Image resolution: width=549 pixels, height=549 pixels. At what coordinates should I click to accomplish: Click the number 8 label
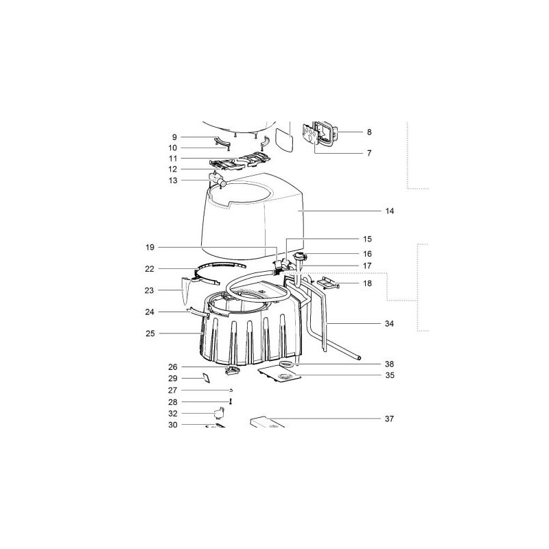pyautogui.click(x=369, y=132)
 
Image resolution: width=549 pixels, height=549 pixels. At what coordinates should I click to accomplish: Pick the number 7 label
pyautogui.click(x=369, y=153)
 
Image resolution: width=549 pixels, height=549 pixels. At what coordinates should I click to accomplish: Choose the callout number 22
pyautogui.click(x=150, y=268)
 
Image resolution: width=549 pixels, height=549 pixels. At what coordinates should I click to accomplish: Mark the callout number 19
pyautogui.click(x=150, y=246)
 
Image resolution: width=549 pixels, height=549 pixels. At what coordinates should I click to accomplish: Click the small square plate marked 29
pyautogui.click(x=205, y=377)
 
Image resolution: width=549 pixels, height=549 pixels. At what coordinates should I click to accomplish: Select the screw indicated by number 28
pyautogui.click(x=231, y=401)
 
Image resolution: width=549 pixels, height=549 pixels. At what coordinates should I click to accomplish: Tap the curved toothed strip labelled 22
pyautogui.click(x=220, y=264)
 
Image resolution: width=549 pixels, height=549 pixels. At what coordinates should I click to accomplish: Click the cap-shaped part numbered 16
pyautogui.click(x=299, y=258)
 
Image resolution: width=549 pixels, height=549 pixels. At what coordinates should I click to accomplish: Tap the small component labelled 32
pyautogui.click(x=220, y=412)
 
